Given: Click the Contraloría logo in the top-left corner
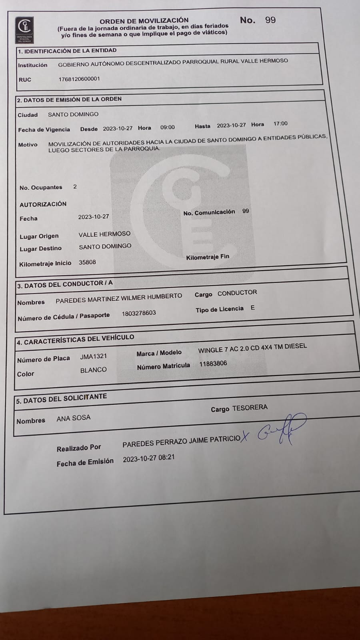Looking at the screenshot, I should pos(25,30).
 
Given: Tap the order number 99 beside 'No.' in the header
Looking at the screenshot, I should pos(270,20).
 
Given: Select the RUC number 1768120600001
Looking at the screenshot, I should pos(79,79).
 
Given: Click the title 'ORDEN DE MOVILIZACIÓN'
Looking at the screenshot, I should pos(144,20).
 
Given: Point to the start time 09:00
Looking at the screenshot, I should pos(167,127).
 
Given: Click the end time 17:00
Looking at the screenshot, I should pos(280,124).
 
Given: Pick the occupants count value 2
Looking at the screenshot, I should pos(75,186).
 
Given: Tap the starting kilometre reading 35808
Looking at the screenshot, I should pos(87,262).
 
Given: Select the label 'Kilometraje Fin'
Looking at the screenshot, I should pos(208,257).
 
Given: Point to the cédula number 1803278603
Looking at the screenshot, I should pos(139,313).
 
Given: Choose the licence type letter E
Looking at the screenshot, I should pos(252,308).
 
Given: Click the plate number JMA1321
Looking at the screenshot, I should pos(94,356).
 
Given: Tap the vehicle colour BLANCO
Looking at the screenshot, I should pos(93,370).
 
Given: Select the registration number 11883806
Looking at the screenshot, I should pos(213,364).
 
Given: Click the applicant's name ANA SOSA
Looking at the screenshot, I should pos(74,418).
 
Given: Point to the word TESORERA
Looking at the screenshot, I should pos(250,408).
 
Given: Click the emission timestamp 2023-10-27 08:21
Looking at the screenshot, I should pos(149,458).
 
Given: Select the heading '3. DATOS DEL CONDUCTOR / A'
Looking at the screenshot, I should pos(65,284).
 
